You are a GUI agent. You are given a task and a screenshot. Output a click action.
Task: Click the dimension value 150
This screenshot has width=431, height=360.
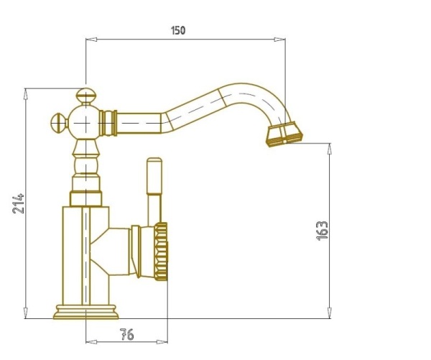click(178, 30)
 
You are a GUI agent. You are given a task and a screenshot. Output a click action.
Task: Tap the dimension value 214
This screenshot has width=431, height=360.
click(19, 203)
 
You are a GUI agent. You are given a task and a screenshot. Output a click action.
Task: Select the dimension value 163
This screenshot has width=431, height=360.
click(322, 231)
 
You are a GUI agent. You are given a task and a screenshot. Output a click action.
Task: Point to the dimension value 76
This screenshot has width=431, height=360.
click(127, 334)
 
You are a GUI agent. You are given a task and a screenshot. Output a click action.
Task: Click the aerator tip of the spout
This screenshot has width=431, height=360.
click(284, 134)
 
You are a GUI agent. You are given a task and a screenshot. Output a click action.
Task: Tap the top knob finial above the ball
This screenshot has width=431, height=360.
click(86, 96)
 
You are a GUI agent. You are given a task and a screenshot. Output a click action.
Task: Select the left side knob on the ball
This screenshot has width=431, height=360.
click(60, 123)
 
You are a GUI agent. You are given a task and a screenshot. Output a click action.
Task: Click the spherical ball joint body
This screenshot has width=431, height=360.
click(85, 123)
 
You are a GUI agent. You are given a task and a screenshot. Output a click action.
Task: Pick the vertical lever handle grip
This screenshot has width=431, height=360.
click(154, 176)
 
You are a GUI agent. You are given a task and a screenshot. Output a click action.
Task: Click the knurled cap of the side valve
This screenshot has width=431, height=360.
click(161, 251)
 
